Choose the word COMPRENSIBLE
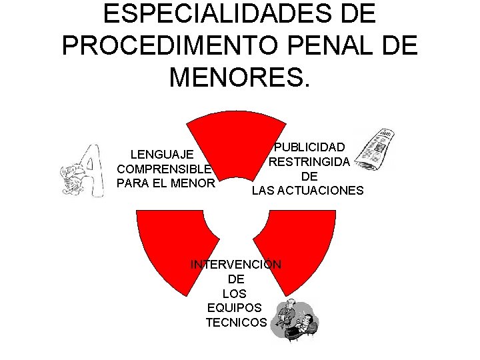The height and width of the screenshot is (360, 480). click(x=164, y=169)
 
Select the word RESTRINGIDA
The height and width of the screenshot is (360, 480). click(x=309, y=162)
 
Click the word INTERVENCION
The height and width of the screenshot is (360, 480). click(x=236, y=265)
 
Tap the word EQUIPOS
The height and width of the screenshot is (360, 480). click(x=235, y=308)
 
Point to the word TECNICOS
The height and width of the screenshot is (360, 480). click(x=236, y=323)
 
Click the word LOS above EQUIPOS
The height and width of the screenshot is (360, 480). click(x=236, y=293)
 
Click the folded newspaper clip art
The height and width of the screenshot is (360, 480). click(x=375, y=149)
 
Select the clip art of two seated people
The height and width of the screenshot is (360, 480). click(x=296, y=319)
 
